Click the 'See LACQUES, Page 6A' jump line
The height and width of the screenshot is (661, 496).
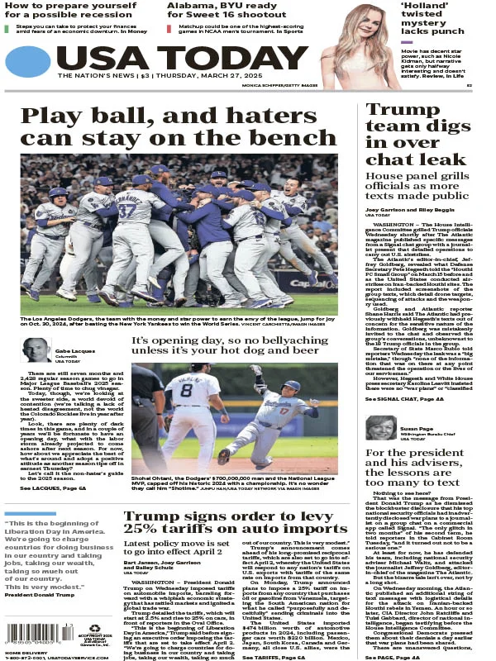[53, 489]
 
